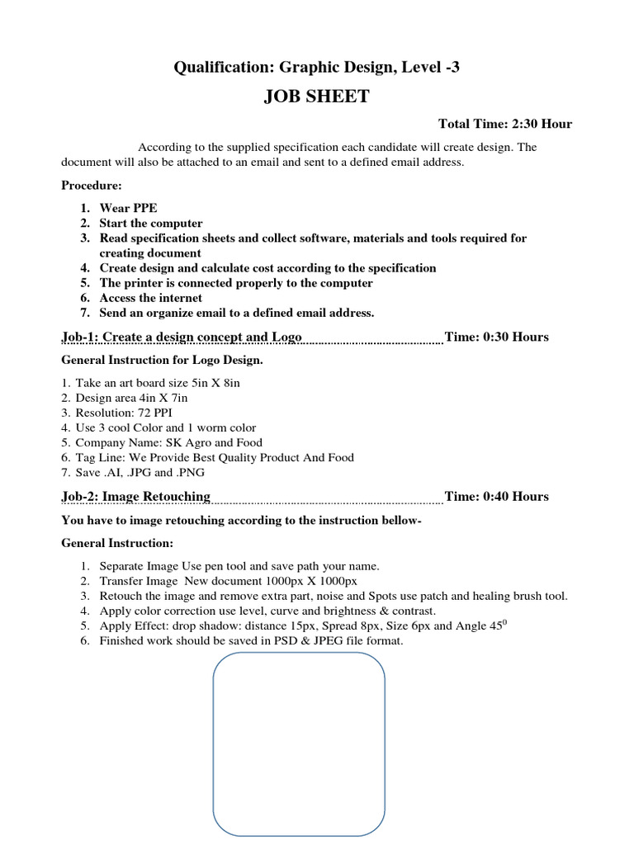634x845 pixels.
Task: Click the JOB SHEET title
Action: (x=316, y=97)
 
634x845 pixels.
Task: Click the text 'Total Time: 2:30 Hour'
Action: (x=504, y=124)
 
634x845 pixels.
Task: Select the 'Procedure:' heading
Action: (x=92, y=186)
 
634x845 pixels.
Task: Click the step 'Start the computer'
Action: (x=150, y=224)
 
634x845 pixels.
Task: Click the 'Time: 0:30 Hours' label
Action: (x=496, y=337)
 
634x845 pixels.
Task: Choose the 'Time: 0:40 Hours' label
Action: (x=496, y=496)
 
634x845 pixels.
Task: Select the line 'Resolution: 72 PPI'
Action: (x=124, y=413)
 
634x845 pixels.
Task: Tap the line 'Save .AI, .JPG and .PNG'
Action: (x=140, y=472)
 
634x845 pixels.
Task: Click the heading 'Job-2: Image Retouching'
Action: (x=136, y=496)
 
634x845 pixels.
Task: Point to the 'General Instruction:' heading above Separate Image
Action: (x=117, y=543)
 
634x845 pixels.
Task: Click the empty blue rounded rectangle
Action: (x=299, y=743)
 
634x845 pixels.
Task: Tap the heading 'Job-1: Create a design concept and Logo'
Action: (x=182, y=337)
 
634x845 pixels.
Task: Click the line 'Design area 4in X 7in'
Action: (x=131, y=398)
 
